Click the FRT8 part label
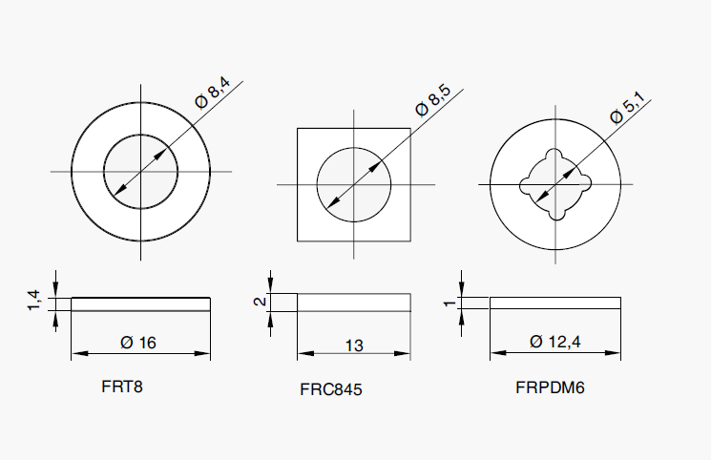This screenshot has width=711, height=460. click(x=122, y=387)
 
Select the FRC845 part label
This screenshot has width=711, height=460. click(x=331, y=389)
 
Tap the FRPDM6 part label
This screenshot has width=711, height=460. click(x=550, y=387)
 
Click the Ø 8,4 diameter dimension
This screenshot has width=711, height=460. click(x=213, y=93)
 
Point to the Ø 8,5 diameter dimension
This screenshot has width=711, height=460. click(x=433, y=100)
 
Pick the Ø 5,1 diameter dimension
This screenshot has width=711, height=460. click(x=628, y=108)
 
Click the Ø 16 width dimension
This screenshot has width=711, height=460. click(x=138, y=343)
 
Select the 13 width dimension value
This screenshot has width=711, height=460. click(x=354, y=345)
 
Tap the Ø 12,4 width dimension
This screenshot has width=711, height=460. click(x=555, y=341)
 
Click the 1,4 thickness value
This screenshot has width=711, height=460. click(x=34, y=301)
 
